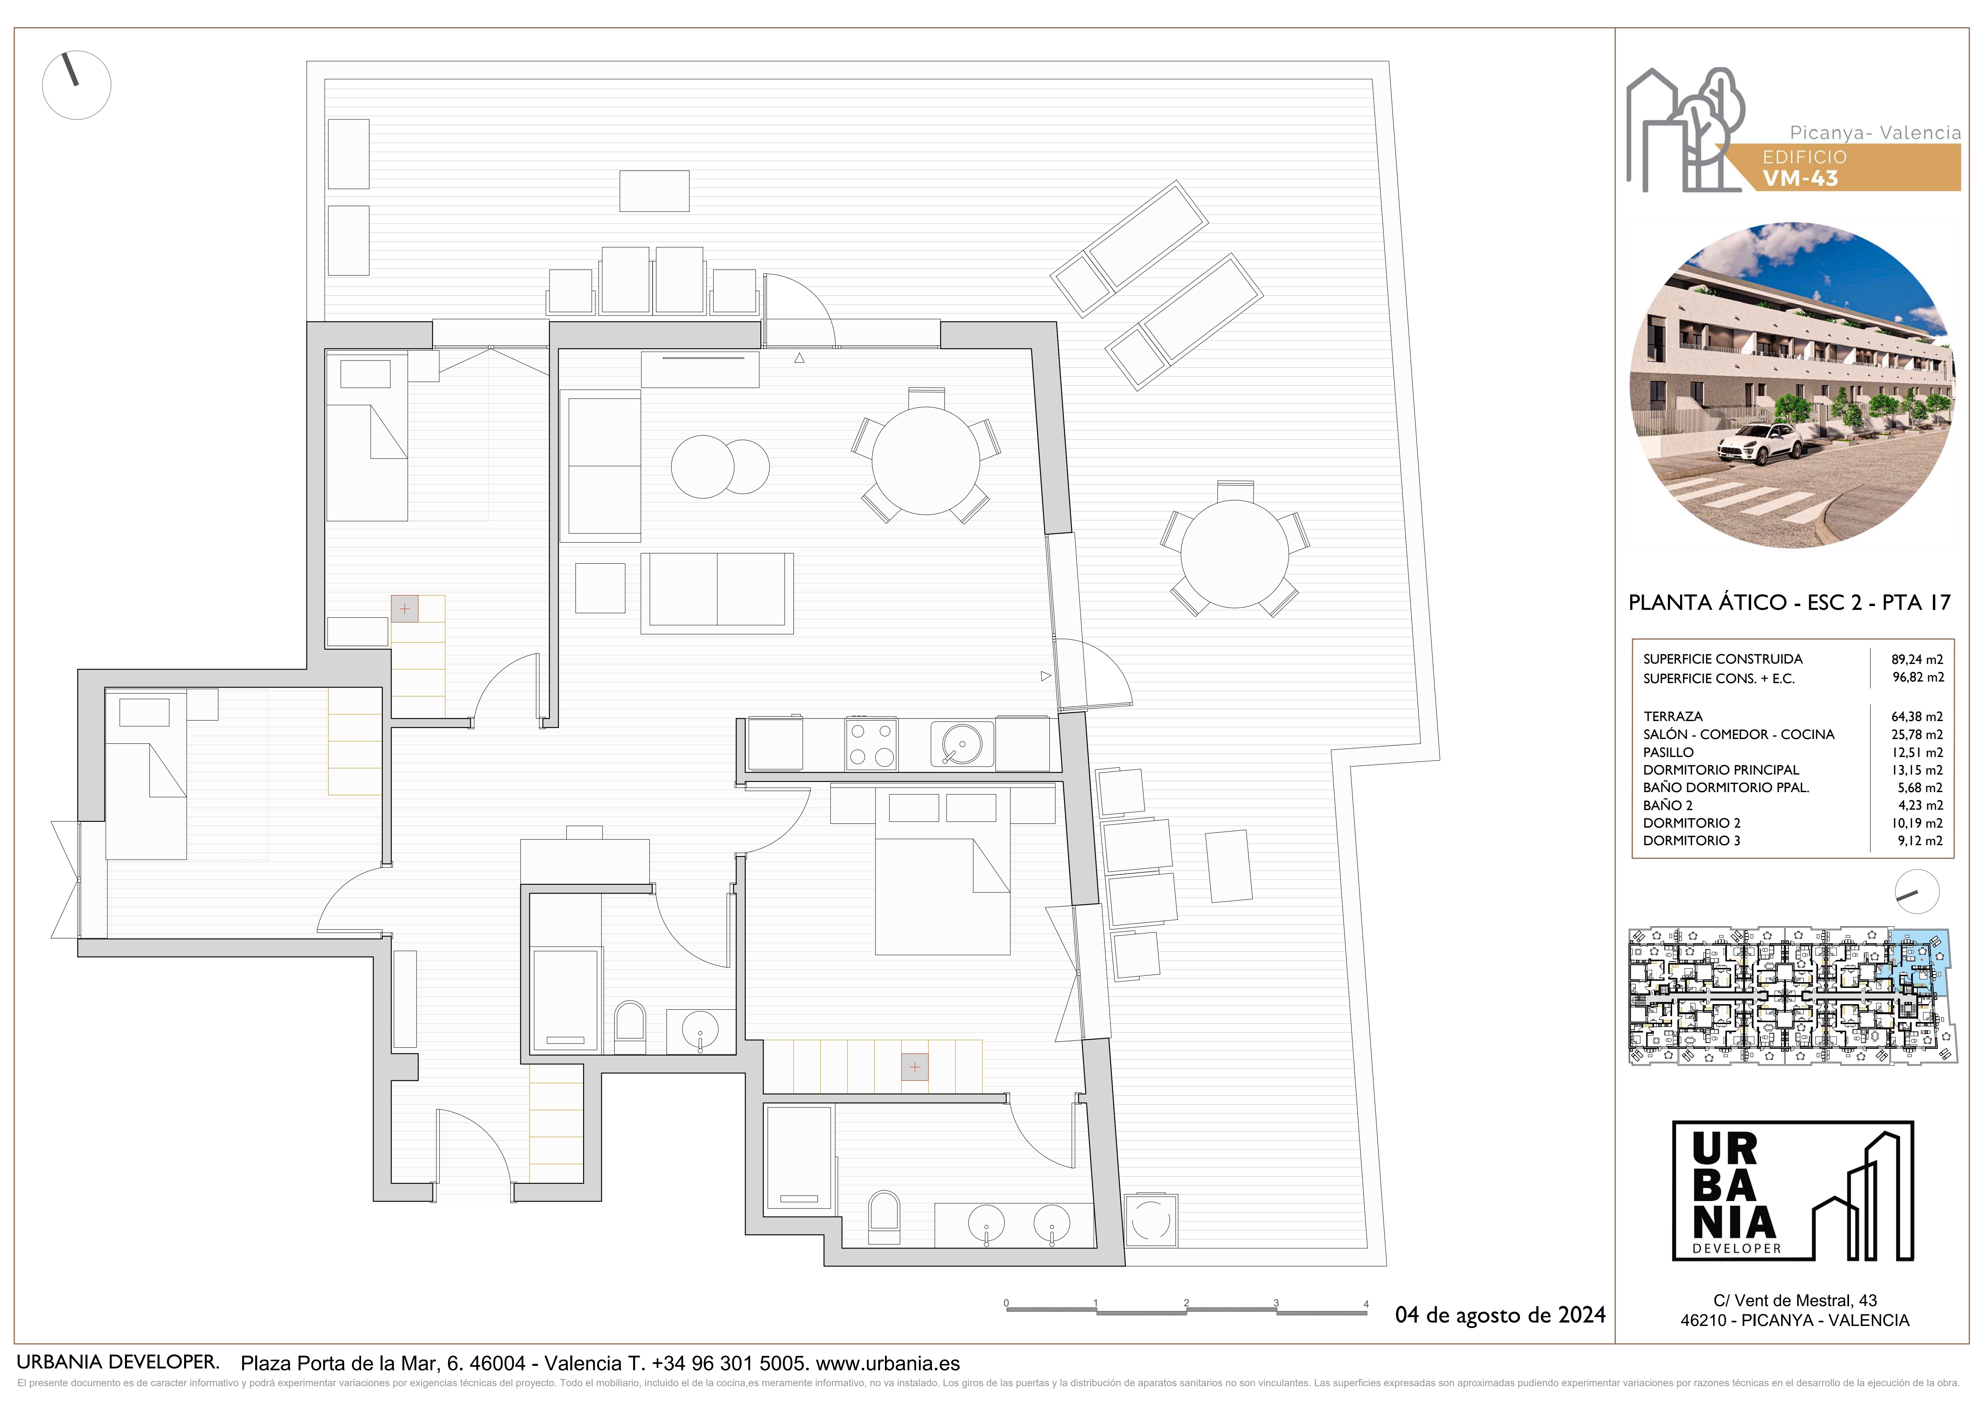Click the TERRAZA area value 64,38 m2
coord(1917,716)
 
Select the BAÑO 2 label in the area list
coord(1668,805)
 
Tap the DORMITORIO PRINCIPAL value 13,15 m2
coord(1917,770)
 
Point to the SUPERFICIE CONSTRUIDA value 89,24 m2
coord(1917,660)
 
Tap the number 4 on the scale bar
coord(1366,1304)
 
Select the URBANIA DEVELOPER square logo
coord(1793,1191)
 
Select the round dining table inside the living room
coord(925,461)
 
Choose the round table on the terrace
coord(1234,554)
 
